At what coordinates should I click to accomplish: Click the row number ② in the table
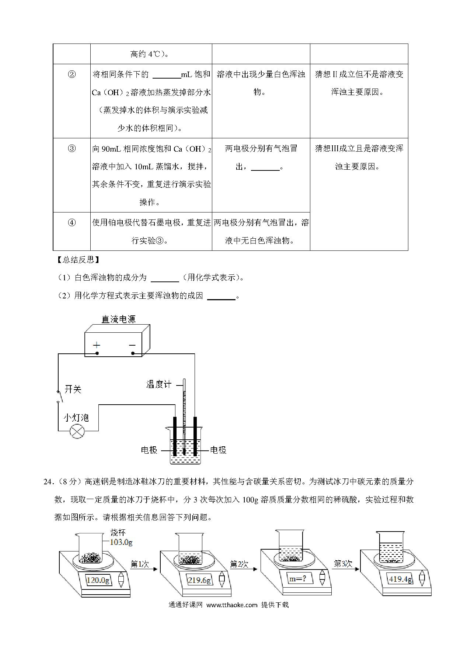pos(72,75)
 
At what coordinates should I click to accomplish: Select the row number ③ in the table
pos(72,149)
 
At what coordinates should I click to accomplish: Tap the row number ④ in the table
pos(72,223)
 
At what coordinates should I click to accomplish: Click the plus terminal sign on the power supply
pos(97,345)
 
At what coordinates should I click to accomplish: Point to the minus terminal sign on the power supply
pos(132,345)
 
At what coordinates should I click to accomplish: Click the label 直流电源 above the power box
pos(119,319)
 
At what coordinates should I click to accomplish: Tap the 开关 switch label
pos(73,390)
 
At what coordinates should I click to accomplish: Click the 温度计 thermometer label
pos(159,384)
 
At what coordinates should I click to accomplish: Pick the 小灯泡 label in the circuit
pos(76,418)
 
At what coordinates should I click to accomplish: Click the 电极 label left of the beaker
pos(149,450)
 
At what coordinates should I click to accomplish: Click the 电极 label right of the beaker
pos(218,450)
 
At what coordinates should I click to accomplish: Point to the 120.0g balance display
pos(98,580)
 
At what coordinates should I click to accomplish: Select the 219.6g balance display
pos(199,580)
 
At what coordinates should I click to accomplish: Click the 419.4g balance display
pos(401,579)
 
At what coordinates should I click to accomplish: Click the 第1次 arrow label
pos(140,564)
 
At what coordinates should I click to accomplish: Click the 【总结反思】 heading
pos(77,260)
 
